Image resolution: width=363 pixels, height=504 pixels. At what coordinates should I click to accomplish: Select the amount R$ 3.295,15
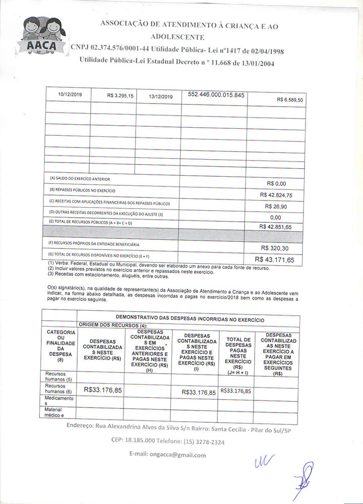(x=120, y=95)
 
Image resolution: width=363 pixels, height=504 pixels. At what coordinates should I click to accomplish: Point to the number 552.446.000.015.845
(x=216, y=94)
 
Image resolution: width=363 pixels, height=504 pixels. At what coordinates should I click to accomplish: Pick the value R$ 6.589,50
(x=290, y=100)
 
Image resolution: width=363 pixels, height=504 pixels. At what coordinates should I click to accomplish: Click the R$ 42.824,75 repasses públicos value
(x=276, y=194)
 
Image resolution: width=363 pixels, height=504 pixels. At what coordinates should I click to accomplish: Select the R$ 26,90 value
(x=276, y=206)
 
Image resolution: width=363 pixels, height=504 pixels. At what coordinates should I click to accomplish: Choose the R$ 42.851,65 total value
(x=276, y=227)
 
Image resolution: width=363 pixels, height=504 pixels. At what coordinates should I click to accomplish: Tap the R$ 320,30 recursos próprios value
(x=275, y=248)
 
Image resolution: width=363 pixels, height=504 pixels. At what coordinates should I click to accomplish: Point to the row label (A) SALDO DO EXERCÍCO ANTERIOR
(x=80, y=179)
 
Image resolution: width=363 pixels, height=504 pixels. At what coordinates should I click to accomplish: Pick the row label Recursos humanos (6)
(x=58, y=388)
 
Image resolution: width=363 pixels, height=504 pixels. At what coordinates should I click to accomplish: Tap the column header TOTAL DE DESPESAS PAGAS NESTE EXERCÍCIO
(x=238, y=353)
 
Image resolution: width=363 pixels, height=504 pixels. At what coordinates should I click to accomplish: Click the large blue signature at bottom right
(x=304, y=481)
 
